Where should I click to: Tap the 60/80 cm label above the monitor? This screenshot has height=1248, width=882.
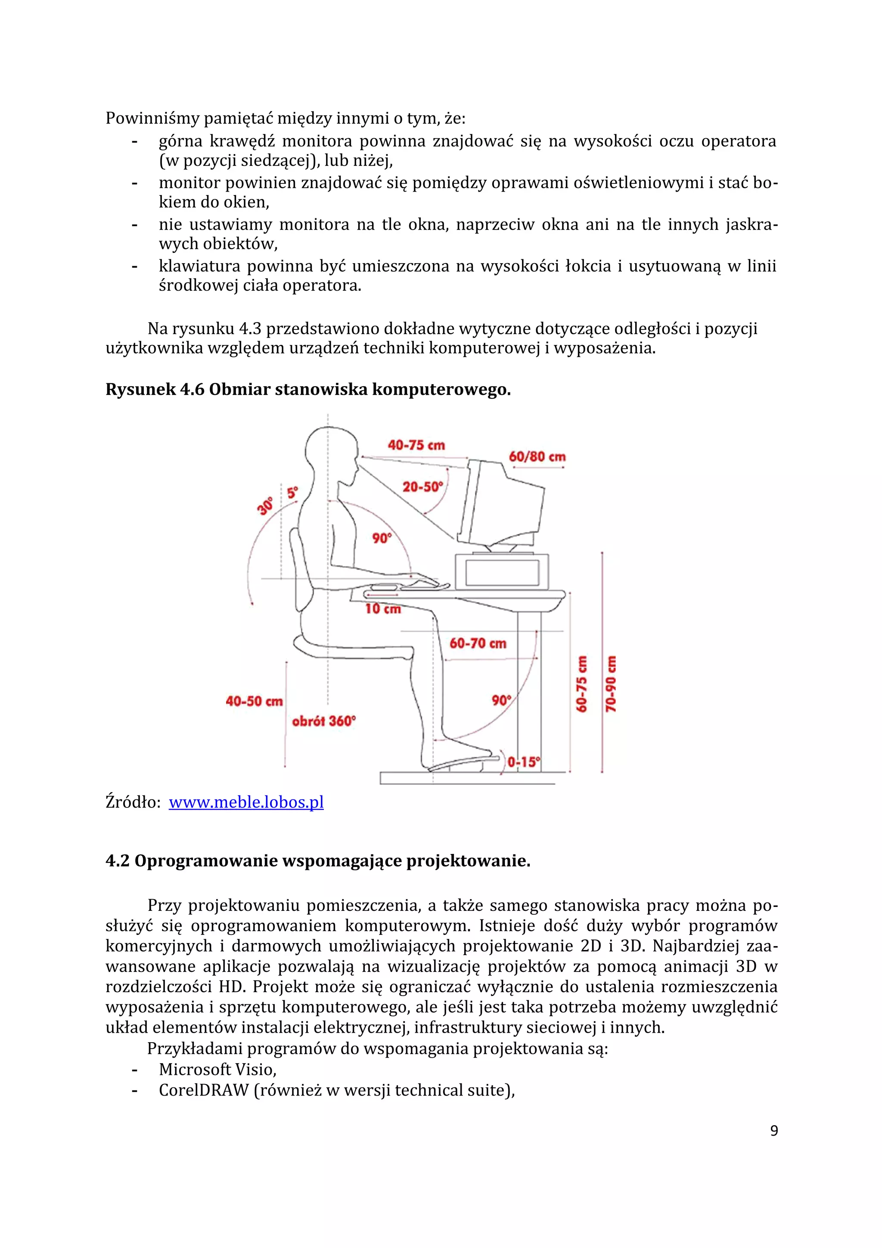[537, 456]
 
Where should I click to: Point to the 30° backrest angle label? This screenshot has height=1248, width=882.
[266, 506]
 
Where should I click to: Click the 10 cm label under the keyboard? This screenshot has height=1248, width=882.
[382, 609]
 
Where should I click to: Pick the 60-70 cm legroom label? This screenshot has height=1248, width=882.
[478, 643]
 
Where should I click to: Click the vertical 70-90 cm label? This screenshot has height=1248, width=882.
[611, 684]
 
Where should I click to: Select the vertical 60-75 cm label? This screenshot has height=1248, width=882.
[581, 684]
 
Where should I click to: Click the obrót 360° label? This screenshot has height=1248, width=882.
[323, 721]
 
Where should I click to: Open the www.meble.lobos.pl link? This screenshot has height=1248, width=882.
[246, 802]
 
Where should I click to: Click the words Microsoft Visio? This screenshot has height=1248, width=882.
[217, 1069]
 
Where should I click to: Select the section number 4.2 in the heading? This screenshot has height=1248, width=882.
[118, 861]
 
